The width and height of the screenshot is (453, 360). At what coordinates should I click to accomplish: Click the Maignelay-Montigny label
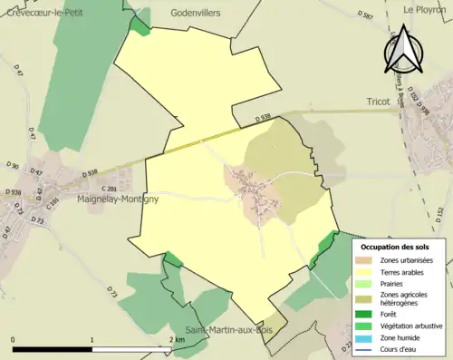click(119, 199)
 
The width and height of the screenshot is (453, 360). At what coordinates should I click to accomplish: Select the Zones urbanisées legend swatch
click(366, 261)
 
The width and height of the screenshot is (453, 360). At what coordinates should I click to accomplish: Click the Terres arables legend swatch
click(366, 272)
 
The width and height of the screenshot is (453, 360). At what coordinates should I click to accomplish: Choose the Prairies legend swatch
click(366, 284)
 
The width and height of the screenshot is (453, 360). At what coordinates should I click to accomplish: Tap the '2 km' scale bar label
click(177, 340)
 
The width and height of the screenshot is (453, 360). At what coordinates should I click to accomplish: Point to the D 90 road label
click(12, 166)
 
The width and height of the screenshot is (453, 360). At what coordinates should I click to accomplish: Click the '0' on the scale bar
click(14, 340)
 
